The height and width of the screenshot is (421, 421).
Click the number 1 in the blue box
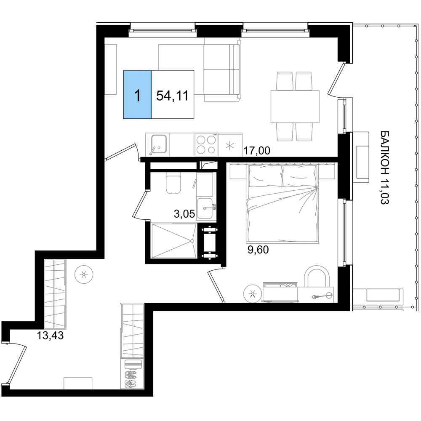137,96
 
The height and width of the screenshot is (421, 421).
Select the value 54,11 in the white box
172,96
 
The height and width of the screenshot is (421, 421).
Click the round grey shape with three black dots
84,275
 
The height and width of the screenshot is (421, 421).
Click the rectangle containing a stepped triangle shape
174,240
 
